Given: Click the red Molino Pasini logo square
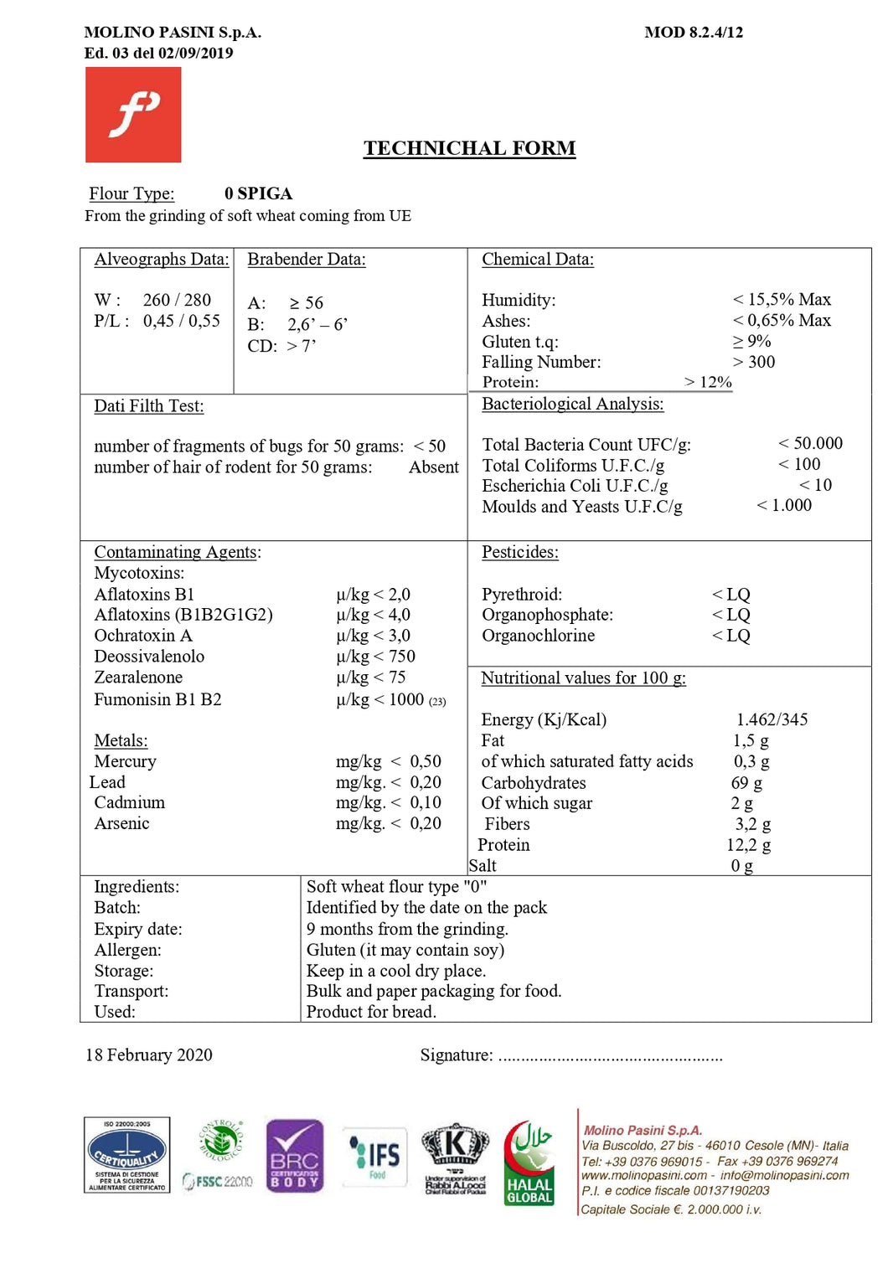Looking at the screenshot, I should [133, 115].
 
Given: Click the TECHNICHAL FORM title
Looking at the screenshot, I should [469, 148].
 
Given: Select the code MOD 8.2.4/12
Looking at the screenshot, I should [694, 33].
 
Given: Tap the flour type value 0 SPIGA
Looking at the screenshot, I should [258, 193].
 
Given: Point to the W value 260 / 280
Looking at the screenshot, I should [177, 300].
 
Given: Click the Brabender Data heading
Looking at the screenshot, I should [307, 260].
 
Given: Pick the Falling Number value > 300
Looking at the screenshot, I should [754, 362].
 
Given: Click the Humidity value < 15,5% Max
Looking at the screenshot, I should [782, 299].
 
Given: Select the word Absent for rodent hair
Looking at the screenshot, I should [433, 467].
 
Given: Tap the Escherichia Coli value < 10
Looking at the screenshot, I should [815, 485].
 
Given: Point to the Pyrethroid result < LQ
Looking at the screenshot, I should [731, 595].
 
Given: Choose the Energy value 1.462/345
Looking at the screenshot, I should [772, 719].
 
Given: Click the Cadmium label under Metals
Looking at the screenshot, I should [130, 802].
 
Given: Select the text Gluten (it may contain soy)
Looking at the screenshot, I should [405, 950].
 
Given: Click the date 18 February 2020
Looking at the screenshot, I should [149, 1055].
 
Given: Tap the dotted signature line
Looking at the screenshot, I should [610, 1057].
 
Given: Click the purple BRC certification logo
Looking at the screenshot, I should [295, 1155].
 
